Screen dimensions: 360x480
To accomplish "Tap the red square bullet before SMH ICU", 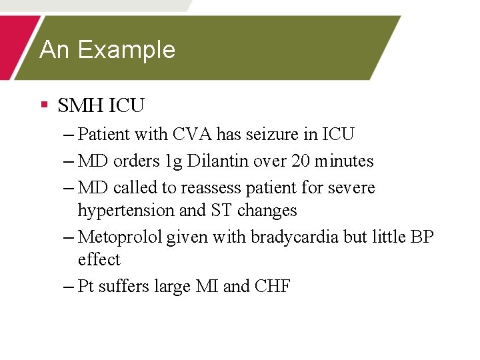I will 45,104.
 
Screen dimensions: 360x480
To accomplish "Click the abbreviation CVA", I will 193,134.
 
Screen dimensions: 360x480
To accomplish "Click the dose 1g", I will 172,161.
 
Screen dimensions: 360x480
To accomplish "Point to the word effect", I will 99,260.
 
